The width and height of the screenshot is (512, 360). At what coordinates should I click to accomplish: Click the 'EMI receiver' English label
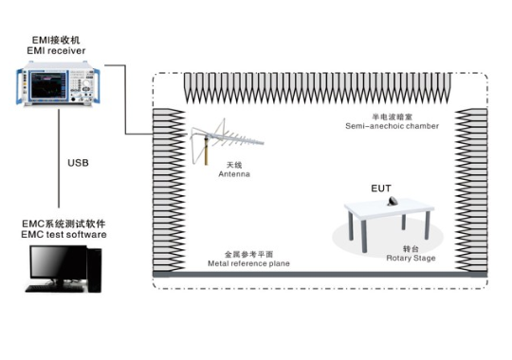pyautogui.click(x=56, y=51)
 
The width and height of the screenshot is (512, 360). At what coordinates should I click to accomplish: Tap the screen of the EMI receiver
pyautogui.click(x=47, y=85)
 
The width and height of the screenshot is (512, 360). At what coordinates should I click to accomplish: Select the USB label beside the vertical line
pyautogui.click(x=78, y=163)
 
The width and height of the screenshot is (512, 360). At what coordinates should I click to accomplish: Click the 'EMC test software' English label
pyautogui.click(x=64, y=234)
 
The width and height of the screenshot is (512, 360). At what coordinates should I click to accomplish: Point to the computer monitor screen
pyautogui.click(x=59, y=262)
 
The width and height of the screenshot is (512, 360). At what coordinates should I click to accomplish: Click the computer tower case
pyautogui.click(x=94, y=270)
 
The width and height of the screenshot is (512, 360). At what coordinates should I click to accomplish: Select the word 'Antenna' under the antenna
pyautogui.click(x=234, y=174)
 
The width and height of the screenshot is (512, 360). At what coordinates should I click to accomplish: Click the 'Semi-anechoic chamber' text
pyautogui.click(x=392, y=126)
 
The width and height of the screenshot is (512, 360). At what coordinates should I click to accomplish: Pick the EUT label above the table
pyautogui.click(x=381, y=189)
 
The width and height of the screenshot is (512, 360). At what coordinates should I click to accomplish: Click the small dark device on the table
pyautogui.click(x=393, y=201)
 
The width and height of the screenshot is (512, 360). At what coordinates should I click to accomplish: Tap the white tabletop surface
pyautogui.click(x=390, y=207)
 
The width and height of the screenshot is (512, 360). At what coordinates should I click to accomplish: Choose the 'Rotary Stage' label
pyautogui.click(x=411, y=258)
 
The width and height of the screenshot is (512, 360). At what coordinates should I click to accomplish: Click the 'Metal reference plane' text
pyautogui.click(x=248, y=263)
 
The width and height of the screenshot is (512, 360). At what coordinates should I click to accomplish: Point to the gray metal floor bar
pyautogui.click(x=320, y=275)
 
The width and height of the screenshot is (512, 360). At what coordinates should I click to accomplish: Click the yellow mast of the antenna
pyautogui.click(x=206, y=152)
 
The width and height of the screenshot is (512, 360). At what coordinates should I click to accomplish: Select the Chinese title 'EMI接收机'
pyautogui.click(x=56, y=40)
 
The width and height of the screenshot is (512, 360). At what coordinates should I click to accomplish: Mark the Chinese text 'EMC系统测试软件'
pyautogui.click(x=64, y=224)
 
